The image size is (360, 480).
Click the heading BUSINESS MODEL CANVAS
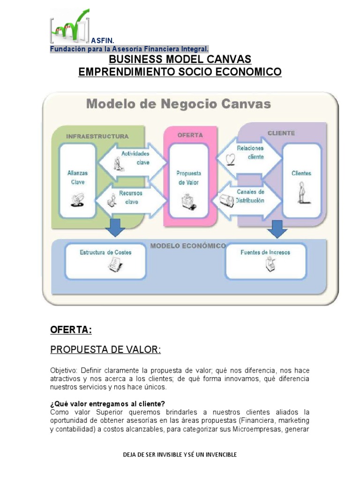180,60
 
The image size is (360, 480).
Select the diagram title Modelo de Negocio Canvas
178,103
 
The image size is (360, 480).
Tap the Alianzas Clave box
77,180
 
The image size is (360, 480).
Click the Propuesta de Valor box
188,180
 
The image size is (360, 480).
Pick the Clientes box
301,180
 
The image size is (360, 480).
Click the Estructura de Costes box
105,259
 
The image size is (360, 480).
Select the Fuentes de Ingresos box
265,259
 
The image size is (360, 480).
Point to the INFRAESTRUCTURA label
97,136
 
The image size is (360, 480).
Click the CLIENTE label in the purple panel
281,133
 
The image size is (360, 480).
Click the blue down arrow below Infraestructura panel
115,227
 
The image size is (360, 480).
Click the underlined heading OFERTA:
71,330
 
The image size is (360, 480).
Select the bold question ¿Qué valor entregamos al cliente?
107,404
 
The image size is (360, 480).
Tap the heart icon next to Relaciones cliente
230,160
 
